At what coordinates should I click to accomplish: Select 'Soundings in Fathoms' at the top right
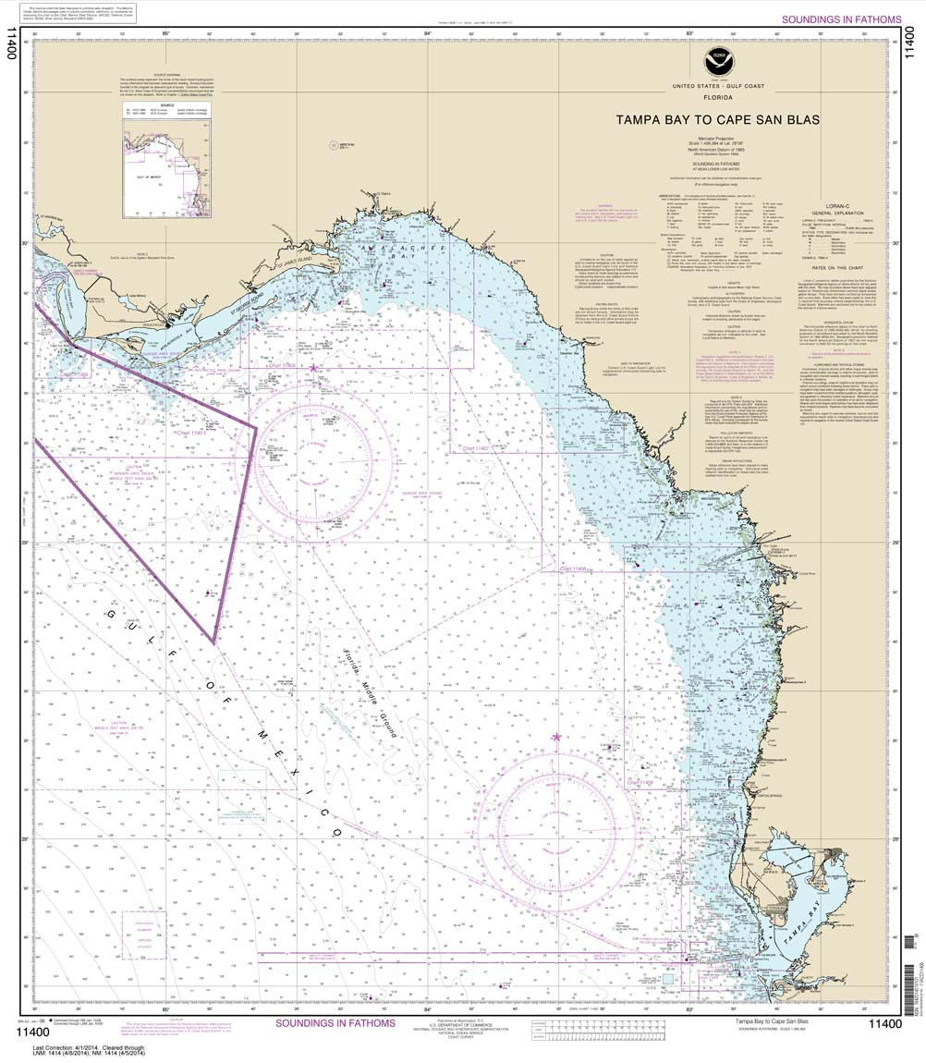pyautogui.click(x=840, y=19)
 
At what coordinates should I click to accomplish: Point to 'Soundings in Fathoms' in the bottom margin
pyautogui.click(x=335, y=1023)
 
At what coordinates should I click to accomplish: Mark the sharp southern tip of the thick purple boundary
pyautogui.click(x=213, y=641)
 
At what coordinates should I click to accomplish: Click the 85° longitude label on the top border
pyautogui.click(x=165, y=34)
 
